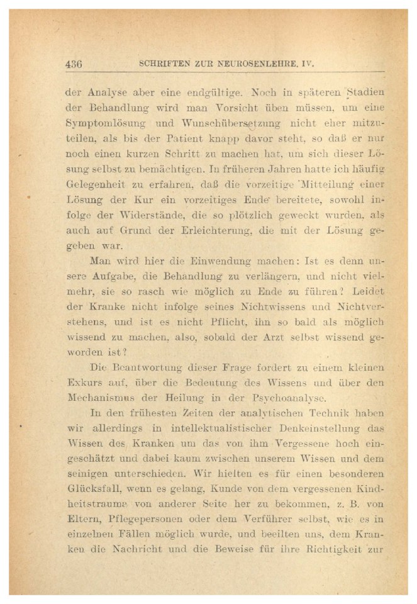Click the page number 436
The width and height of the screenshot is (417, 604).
click(74, 64)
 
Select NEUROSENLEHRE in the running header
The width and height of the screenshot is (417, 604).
click(250, 64)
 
